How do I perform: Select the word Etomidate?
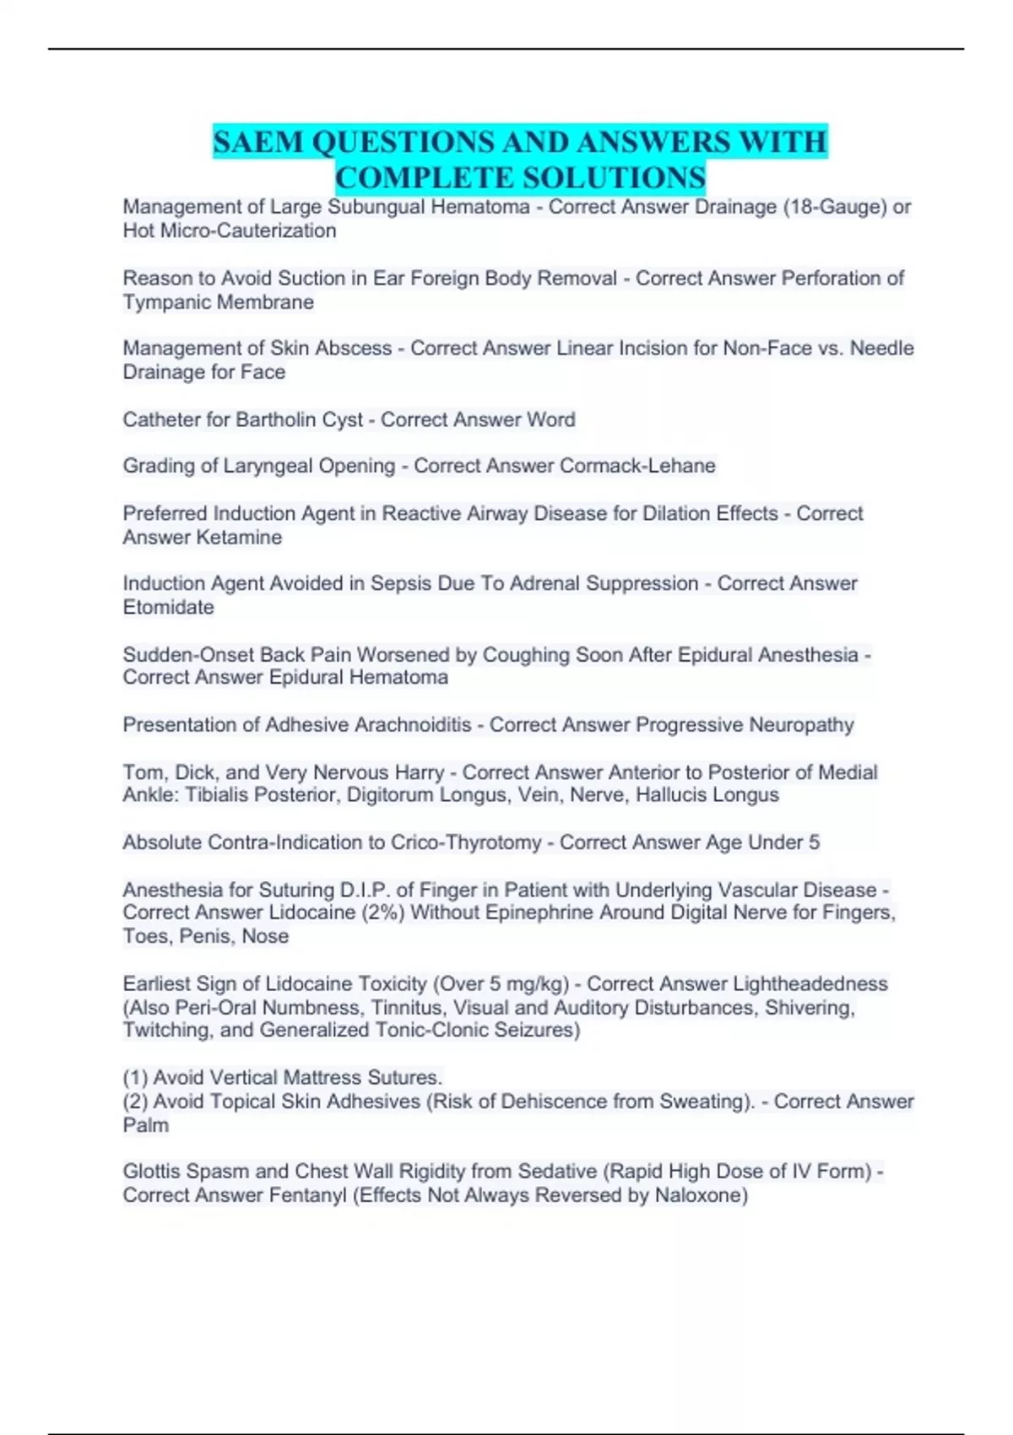(169, 607)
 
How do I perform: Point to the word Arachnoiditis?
(413, 725)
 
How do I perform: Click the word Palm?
(146, 1125)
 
